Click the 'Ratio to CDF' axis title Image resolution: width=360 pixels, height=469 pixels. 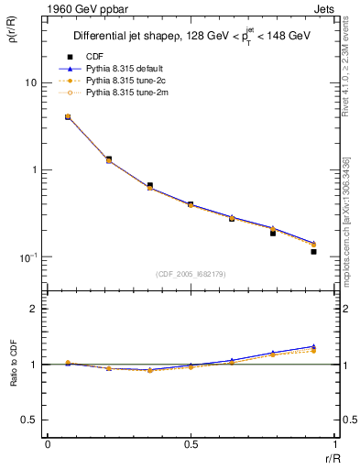(x=12, y=377)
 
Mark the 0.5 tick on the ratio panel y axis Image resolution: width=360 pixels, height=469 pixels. (x=29, y=420)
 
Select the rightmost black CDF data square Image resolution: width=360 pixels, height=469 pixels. (x=313, y=251)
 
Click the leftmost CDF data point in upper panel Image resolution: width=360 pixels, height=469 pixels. (x=68, y=117)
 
